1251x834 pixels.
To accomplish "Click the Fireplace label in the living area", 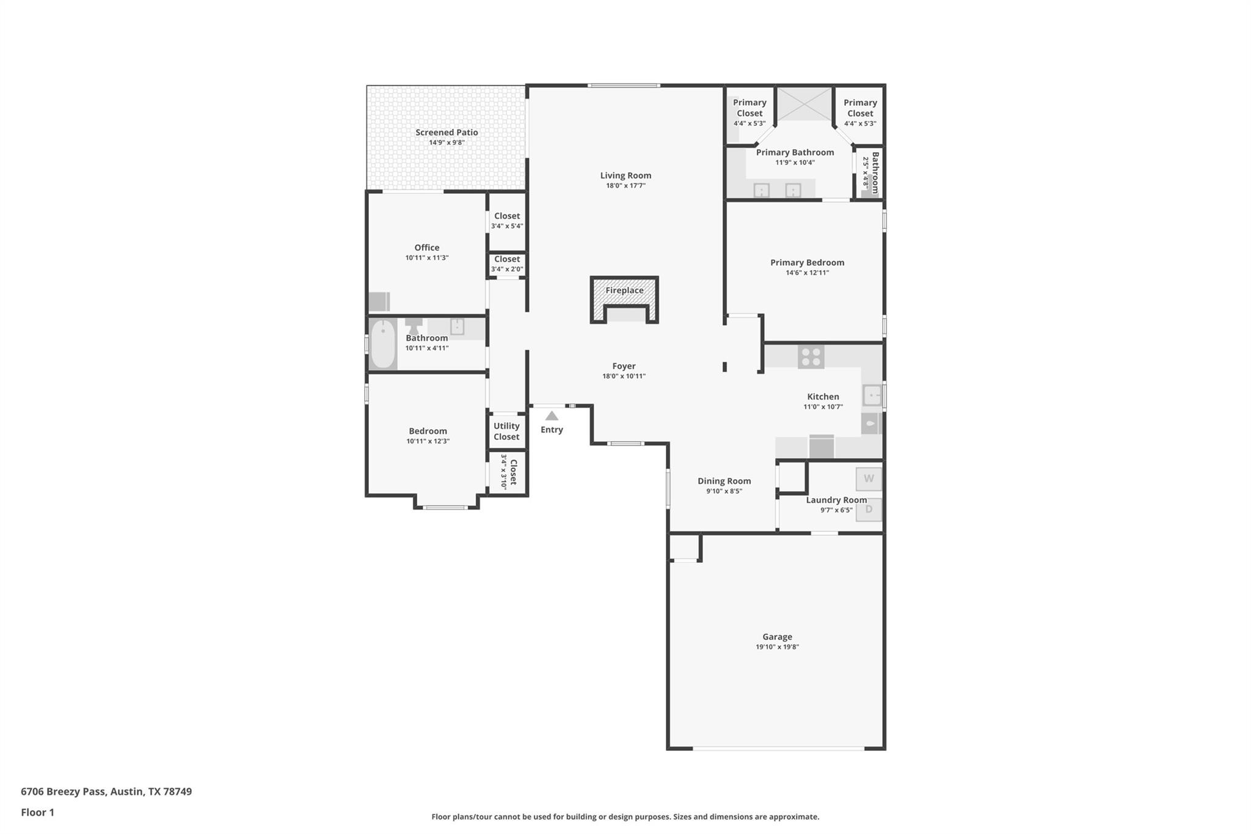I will tap(624, 290).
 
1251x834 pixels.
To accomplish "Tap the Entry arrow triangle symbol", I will tap(552, 416).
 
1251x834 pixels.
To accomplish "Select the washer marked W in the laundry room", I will tap(869, 478).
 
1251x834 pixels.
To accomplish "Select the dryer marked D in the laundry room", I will tap(869, 509).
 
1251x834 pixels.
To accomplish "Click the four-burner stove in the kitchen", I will tap(811, 357).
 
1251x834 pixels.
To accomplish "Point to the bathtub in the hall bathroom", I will tap(383, 344).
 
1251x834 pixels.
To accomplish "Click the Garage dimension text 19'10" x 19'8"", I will tap(777, 647).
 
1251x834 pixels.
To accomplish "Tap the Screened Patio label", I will tap(447, 133).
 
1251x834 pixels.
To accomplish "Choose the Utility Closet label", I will tap(506, 431).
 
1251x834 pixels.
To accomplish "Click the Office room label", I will tap(426, 247).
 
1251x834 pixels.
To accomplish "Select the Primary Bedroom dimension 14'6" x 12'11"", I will tap(807, 273).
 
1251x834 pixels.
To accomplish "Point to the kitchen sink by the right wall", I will tap(872, 395).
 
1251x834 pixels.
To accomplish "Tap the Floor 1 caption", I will tap(37, 812).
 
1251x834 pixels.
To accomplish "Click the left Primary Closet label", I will tap(750, 108).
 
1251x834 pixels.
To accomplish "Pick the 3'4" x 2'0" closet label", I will tap(507, 269).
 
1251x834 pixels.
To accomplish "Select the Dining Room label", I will tap(724, 481).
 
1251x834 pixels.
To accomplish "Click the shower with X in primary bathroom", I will tap(804, 104).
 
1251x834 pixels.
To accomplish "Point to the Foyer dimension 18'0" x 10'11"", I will tap(624, 376).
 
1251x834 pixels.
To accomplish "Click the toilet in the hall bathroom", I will tap(414, 326).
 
